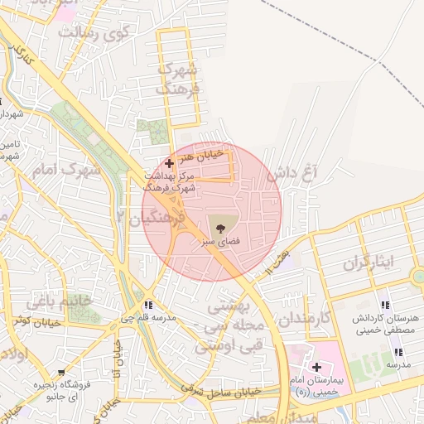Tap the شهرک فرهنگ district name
click(x=179, y=78)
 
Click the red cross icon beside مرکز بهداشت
click(x=170, y=164)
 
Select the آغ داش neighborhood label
click(x=292, y=175)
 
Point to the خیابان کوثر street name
click(x=34, y=320)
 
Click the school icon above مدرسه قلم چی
click(x=149, y=305)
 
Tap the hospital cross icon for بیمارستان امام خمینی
click(x=317, y=367)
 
